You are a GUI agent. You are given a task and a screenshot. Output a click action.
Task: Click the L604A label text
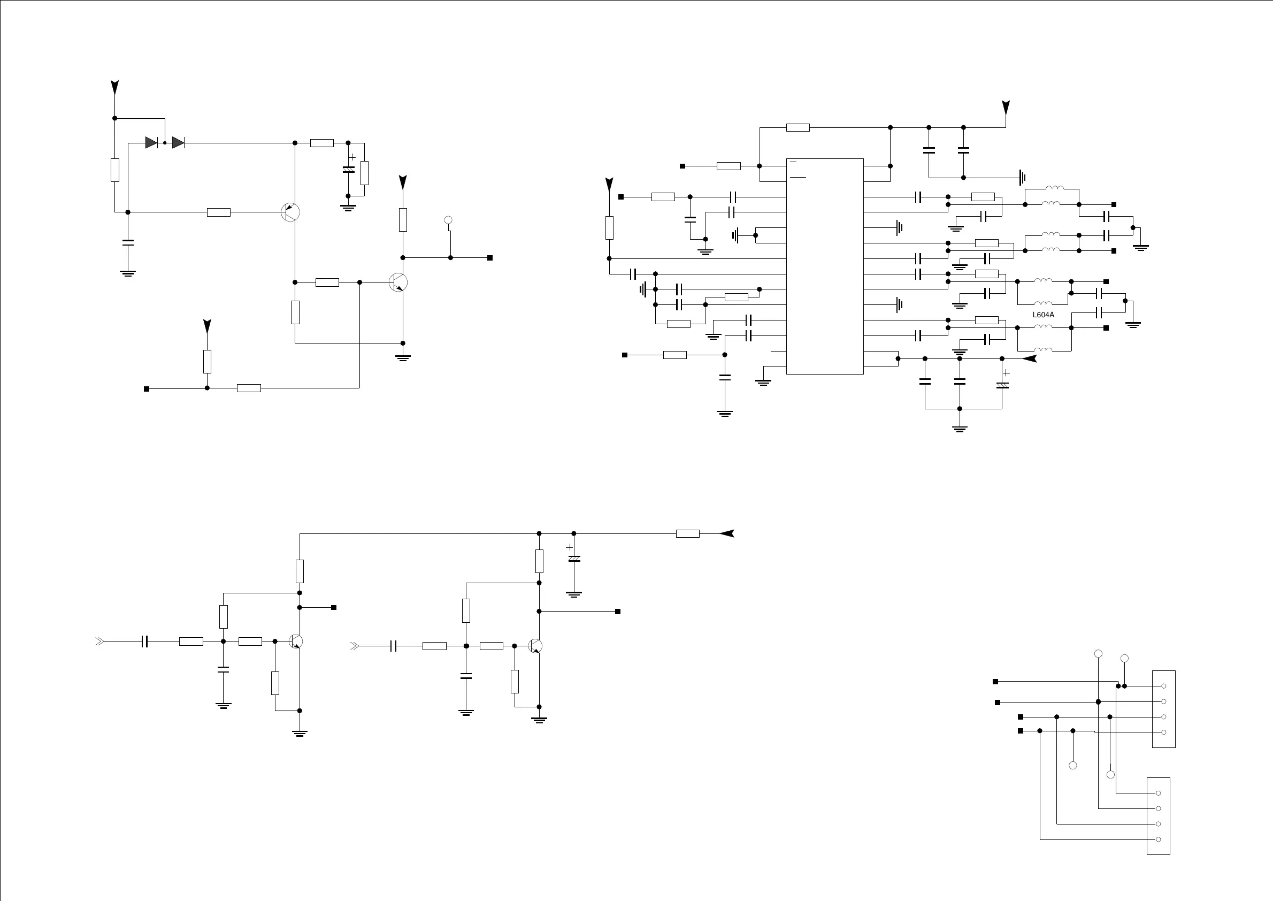click(1044, 315)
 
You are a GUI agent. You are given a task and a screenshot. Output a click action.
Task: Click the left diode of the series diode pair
click(151, 142)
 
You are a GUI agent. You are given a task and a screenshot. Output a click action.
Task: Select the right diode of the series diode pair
click(178, 142)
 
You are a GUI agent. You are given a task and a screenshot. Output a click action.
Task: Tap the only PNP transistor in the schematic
click(290, 212)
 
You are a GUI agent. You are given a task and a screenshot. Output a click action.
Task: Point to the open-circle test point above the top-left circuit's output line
click(449, 220)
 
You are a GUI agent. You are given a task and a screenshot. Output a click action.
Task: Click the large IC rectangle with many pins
click(825, 266)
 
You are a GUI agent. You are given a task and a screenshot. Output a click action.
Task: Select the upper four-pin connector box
click(1164, 708)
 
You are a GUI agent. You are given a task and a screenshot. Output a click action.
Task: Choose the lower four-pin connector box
click(1158, 815)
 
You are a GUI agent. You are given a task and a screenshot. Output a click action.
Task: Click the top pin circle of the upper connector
click(1164, 686)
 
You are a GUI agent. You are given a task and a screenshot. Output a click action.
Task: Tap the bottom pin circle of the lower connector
click(1158, 839)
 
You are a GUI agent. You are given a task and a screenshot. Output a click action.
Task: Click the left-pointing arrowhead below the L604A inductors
click(1030, 358)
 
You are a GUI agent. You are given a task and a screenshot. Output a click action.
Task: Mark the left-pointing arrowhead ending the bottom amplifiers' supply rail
click(727, 533)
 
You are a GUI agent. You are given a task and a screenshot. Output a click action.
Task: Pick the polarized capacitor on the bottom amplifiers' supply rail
click(574, 558)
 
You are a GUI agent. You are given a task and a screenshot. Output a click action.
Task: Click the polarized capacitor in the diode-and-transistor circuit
click(348, 170)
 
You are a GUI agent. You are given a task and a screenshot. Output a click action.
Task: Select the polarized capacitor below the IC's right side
click(1002, 385)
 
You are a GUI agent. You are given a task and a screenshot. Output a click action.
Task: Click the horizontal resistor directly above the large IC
click(797, 127)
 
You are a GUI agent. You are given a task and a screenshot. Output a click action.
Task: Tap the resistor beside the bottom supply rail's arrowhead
click(687, 534)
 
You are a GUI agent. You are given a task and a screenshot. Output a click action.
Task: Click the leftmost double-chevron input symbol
click(99, 642)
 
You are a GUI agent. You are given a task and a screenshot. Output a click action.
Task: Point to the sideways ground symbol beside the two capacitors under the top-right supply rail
click(1022, 178)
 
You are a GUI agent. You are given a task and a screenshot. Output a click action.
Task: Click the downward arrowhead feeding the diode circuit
click(115, 87)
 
